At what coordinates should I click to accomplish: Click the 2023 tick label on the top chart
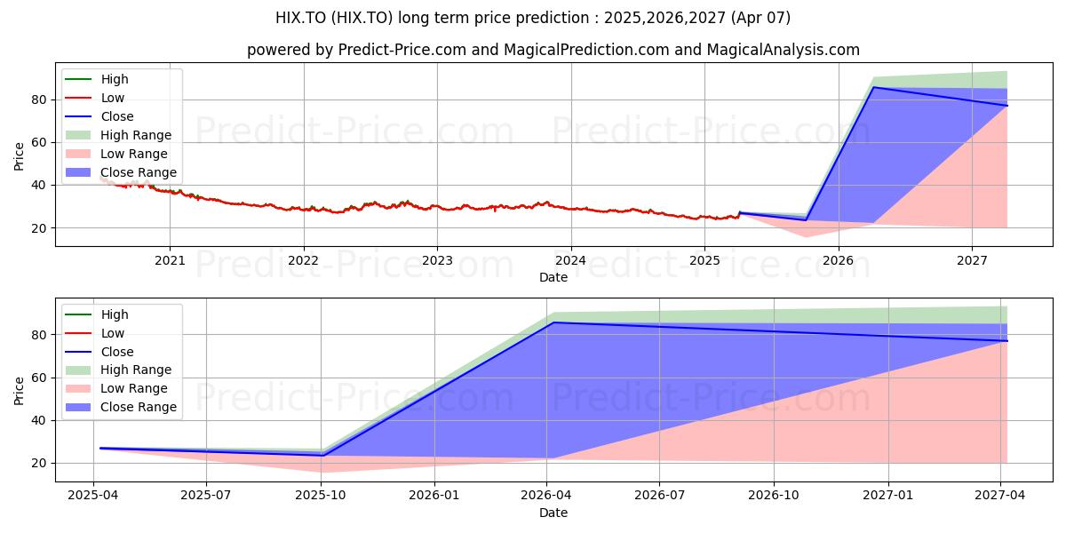coord(437,261)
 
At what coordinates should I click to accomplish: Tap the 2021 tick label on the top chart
coord(170,261)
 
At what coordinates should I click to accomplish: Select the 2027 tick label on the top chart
coord(972,261)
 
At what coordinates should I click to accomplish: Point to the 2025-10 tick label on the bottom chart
coord(321,496)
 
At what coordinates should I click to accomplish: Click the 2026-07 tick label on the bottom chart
coord(659,496)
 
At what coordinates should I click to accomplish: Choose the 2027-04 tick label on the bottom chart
coord(1000,496)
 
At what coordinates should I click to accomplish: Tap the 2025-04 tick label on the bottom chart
coord(93,496)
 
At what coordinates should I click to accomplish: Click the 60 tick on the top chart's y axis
coord(38,143)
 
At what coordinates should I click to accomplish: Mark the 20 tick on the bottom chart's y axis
coord(38,463)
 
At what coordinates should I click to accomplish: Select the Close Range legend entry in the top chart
coord(121,172)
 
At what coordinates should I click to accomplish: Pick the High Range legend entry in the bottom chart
coord(118,370)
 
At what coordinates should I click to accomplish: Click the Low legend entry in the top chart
coord(95,98)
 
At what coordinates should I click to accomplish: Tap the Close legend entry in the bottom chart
coord(99,352)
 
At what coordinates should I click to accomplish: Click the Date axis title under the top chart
coord(553,277)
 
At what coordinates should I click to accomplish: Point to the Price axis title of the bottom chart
coord(19,391)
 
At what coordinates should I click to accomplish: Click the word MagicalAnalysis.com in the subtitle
coord(783,50)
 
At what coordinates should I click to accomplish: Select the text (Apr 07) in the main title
coord(761,18)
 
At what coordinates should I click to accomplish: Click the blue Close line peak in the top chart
coord(874,87)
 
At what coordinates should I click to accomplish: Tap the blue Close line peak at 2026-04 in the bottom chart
coord(553,322)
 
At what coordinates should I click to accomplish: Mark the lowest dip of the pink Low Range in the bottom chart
coord(322,472)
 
